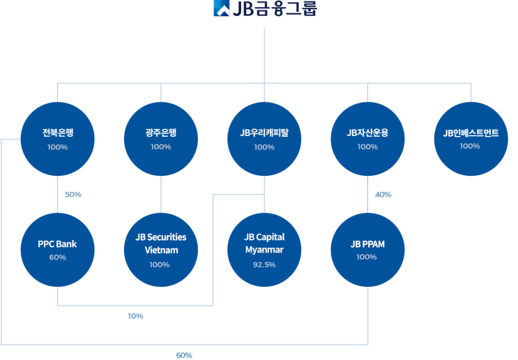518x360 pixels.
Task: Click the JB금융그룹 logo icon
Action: click(222, 8)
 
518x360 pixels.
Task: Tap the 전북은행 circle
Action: click(57, 139)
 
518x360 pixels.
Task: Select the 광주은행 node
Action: click(161, 139)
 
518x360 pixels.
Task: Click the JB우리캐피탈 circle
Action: click(264, 139)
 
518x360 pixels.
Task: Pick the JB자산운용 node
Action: click(367, 139)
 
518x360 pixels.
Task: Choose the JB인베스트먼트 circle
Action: click(471, 139)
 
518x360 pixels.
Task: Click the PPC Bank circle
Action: click(57, 250)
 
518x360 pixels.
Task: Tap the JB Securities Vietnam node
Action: click(161, 250)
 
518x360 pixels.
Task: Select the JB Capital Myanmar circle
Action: click(264, 250)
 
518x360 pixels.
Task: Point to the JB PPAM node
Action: click(367, 250)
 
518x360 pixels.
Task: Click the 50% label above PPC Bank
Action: click(73, 195)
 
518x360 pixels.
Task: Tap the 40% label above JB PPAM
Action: click(383, 195)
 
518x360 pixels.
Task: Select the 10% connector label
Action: click(135, 316)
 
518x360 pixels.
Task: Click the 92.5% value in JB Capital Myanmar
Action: click(264, 264)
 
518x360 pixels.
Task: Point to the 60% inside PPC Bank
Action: click(57, 257)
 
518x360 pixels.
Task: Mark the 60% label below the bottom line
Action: click(184, 355)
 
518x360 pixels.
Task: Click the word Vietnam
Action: click(161, 250)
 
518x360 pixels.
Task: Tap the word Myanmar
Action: click(264, 250)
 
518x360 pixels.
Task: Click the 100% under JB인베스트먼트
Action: click(470, 146)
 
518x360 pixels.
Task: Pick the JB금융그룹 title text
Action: click(275, 8)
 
